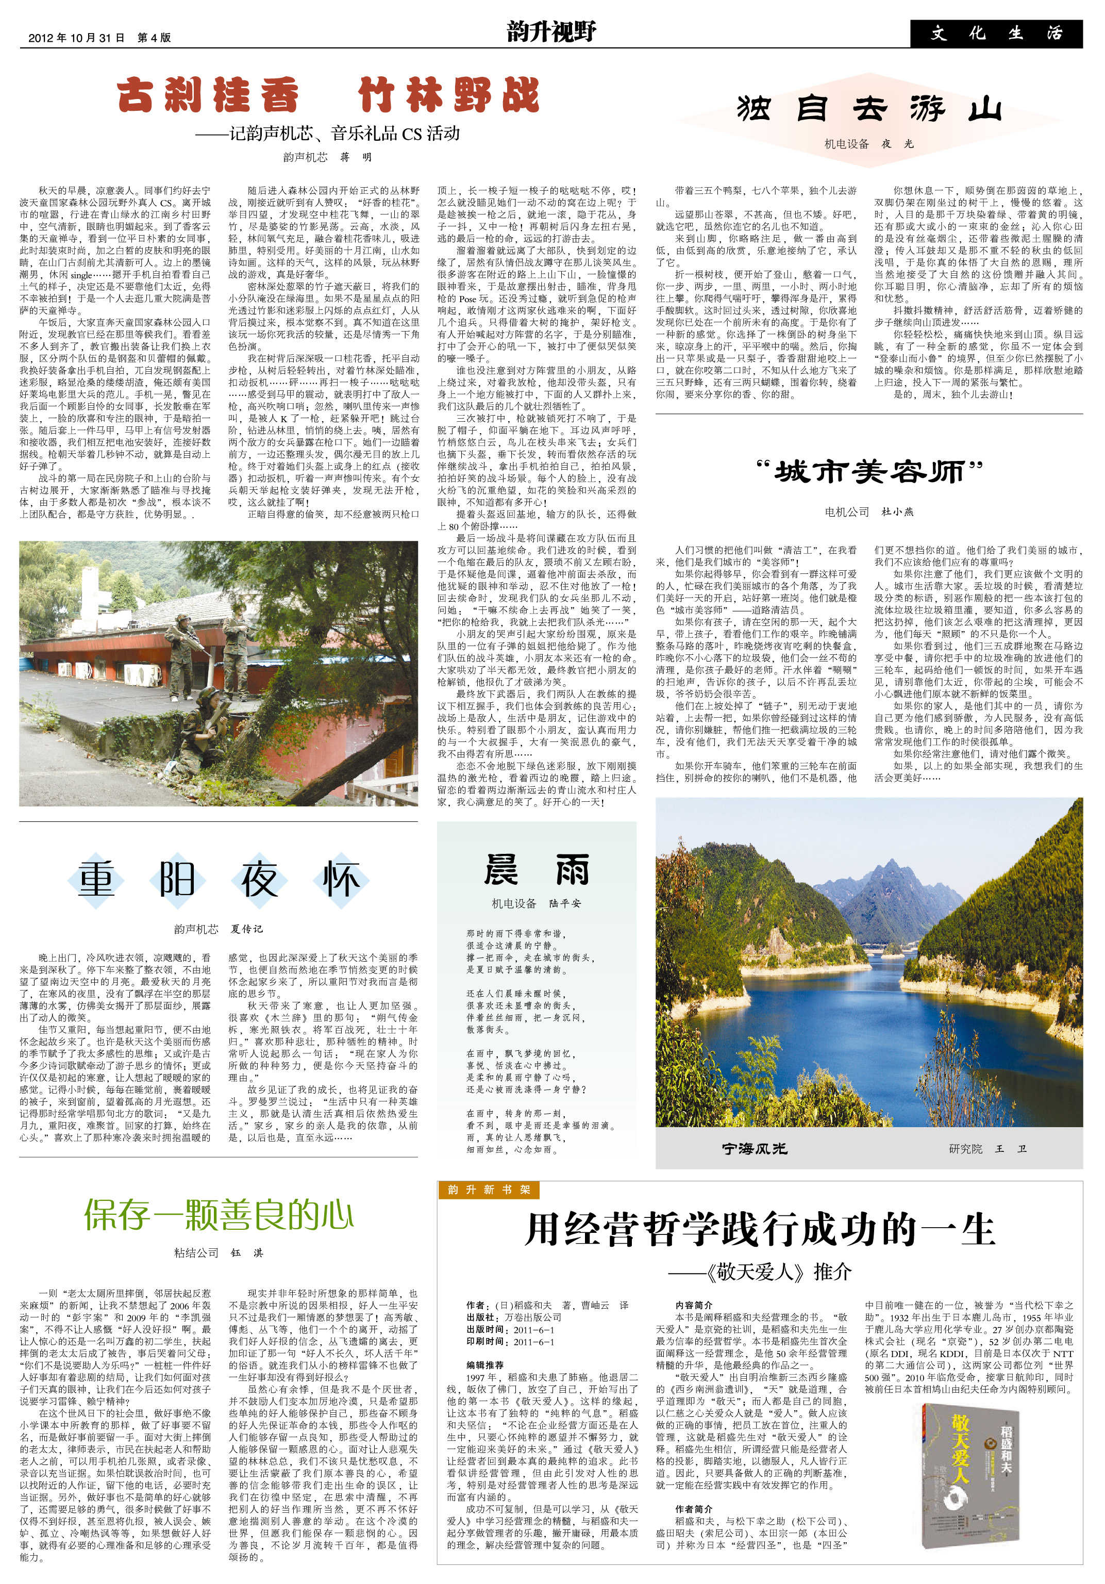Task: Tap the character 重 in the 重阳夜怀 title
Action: pyautogui.click(x=96, y=880)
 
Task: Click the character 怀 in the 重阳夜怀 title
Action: pyautogui.click(x=341, y=880)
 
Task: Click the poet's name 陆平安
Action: pyautogui.click(x=564, y=904)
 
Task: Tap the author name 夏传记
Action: pyautogui.click(x=246, y=929)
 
